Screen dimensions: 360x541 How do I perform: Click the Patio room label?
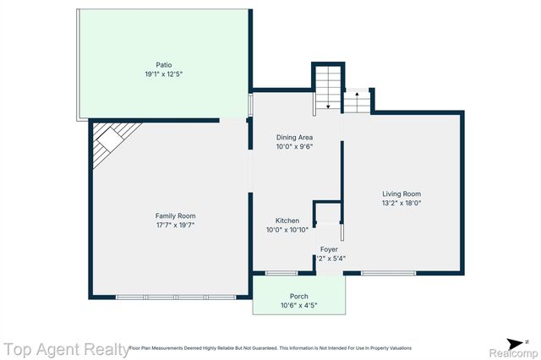tap(163, 64)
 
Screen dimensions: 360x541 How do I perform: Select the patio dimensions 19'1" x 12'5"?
tap(163, 74)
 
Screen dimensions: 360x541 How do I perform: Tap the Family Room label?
tap(175, 216)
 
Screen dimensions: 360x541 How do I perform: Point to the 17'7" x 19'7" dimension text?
tap(175, 226)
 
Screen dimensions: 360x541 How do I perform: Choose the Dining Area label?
tap(295, 137)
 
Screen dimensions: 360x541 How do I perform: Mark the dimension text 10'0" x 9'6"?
tap(295, 146)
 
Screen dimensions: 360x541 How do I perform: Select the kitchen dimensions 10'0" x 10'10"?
tap(287, 230)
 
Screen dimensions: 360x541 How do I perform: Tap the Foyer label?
tap(329, 249)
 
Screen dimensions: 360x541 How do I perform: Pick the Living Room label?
tap(402, 194)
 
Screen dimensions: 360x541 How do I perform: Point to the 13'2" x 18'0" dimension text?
tap(402, 203)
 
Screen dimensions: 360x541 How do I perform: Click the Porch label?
tap(298, 296)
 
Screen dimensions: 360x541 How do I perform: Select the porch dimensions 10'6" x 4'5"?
tap(298, 305)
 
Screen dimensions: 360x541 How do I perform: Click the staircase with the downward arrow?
tap(326, 89)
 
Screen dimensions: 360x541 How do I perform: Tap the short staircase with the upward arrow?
tap(356, 102)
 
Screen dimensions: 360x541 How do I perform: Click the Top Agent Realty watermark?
tap(64, 348)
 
